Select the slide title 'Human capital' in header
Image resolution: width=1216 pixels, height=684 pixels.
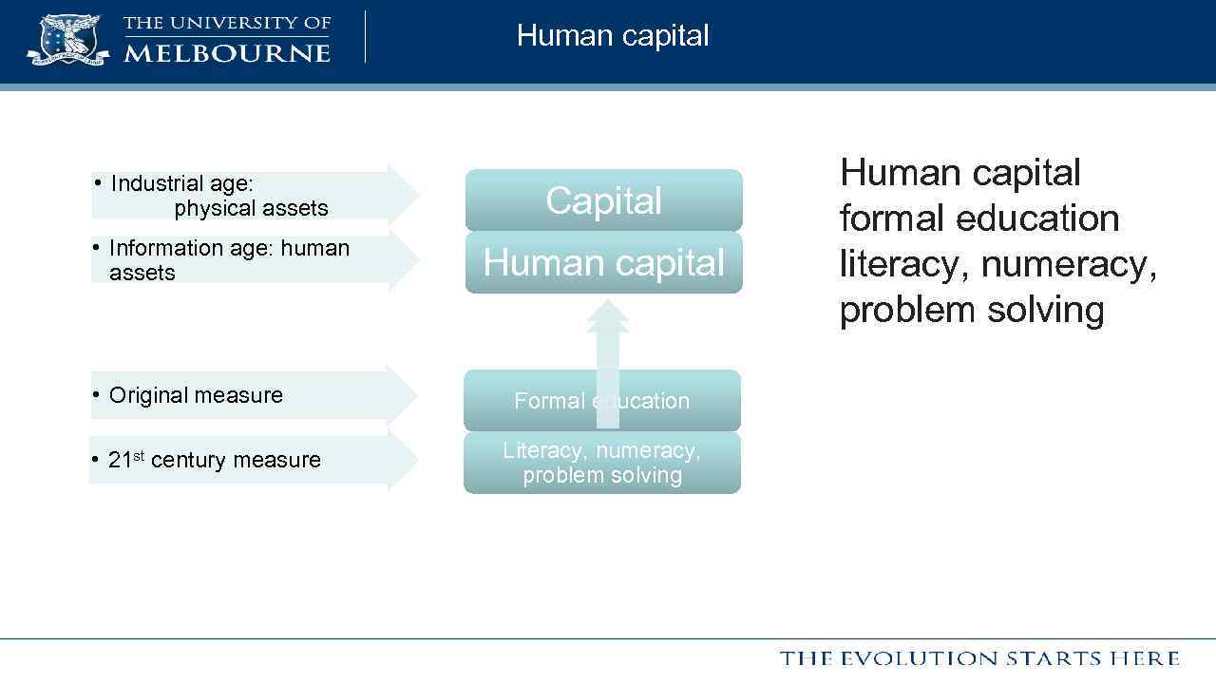coord(613,36)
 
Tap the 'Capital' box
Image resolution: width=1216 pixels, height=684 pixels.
coord(603,200)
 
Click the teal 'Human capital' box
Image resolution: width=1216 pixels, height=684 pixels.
coord(603,263)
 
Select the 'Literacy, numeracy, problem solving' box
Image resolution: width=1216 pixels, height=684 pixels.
coord(601,463)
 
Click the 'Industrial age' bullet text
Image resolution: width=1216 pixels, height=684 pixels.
coord(181,183)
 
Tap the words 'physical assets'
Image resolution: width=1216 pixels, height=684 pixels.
coord(251,208)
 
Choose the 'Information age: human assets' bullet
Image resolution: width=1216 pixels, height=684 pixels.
coord(228,260)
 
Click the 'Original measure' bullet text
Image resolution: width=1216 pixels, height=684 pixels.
coord(196,395)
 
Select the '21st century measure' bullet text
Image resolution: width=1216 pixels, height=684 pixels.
coord(215,460)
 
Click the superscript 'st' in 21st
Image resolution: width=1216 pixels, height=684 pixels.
coord(138,455)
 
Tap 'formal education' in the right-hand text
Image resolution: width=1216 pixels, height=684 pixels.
coord(978,218)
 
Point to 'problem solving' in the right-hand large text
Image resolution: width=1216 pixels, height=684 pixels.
coord(971,310)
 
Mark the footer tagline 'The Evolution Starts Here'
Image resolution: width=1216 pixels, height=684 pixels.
coord(979,658)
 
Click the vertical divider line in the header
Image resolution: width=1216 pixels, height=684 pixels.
coord(366,37)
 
